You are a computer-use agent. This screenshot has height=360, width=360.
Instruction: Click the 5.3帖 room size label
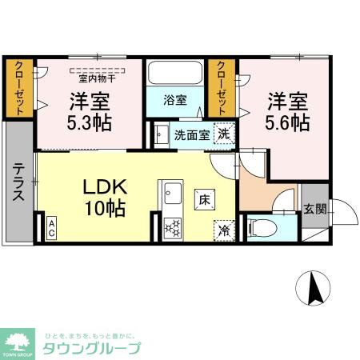(90, 124)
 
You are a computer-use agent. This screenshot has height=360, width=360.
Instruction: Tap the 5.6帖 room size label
(286, 124)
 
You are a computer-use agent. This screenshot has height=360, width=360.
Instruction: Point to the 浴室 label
(175, 101)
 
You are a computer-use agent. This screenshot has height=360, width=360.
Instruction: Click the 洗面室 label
(192, 134)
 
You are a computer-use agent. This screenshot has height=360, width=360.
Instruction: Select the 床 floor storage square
(206, 198)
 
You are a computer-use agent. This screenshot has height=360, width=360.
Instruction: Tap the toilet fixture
(261, 228)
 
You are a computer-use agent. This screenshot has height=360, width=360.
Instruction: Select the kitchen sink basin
(171, 193)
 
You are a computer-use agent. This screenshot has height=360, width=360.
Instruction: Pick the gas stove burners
(171, 226)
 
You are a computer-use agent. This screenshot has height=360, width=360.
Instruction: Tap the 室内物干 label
(97, 78)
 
